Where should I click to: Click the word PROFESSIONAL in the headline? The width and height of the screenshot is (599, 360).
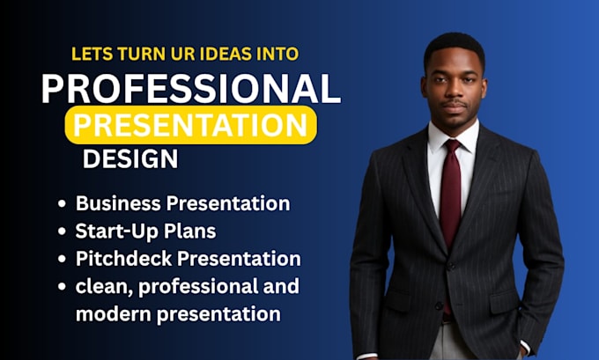click(190, 88)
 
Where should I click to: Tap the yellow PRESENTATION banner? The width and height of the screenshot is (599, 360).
click(190, 125)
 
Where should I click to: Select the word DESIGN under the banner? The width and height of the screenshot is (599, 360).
click(130, 158)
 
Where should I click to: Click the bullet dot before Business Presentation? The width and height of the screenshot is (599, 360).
click(62, 203)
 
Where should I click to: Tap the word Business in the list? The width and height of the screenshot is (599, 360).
click(118, 203)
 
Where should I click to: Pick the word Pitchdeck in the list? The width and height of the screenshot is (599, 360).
click(124, 259)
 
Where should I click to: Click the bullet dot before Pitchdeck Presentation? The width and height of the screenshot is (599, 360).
click(62, 259)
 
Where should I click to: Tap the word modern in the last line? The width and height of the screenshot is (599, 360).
click(114, 314)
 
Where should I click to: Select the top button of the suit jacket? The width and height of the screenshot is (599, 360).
click(451, 266)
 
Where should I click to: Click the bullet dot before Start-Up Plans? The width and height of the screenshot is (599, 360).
click(62, 231)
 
